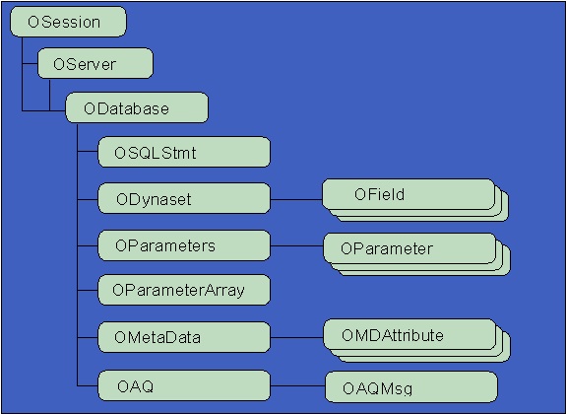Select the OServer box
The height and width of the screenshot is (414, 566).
tap(95, 65)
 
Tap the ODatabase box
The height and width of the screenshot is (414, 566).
tap(137, 107)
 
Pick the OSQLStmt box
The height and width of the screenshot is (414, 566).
tap(184, 153)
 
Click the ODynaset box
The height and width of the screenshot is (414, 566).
tap(184, 198)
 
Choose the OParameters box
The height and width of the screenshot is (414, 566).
tap(184, 243)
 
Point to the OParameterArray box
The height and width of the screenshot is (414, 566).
tap(184, 290)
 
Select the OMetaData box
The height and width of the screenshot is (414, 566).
tap(184, 336)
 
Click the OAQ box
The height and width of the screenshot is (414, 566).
tap(184, 384)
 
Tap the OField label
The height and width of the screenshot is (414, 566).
tap(380, 194)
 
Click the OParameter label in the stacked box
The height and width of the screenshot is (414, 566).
tap(387, 248)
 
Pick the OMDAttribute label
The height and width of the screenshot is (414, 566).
tap(393, 335)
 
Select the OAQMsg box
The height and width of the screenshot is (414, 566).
tap(410, 385)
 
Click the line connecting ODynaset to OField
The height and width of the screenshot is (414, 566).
tap(296, 198)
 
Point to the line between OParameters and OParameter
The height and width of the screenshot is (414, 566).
tap(296, 243)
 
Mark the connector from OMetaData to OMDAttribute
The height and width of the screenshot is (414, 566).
tap(296, 336)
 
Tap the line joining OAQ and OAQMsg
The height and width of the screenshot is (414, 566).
tap(297, 384)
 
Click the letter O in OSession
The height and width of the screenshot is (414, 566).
tap(34, 21)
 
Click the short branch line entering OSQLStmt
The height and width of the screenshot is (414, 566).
tap(88, 153)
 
